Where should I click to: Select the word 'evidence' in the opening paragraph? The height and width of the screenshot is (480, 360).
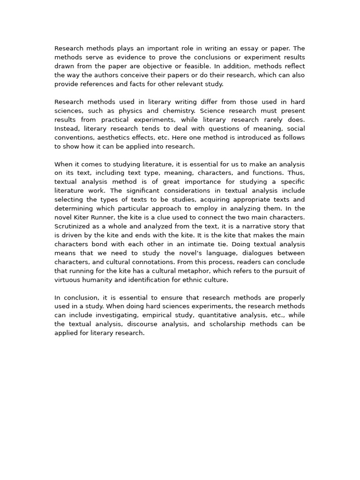(x=128, y=57)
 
